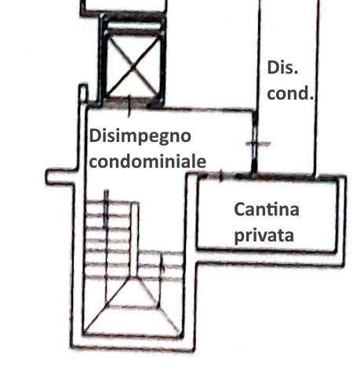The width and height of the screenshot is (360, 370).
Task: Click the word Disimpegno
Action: pyautogui.click(x=140, y=137)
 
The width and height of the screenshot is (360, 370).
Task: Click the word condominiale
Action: pyautogui.click(x=147, y=161)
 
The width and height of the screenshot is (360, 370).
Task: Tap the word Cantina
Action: pyautogui.click(x=267, y=210)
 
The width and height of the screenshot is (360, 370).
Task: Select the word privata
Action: pyautogui.click(x=264, y=236)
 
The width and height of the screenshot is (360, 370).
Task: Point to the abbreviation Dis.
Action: pyautogui.click(x=282, y=67)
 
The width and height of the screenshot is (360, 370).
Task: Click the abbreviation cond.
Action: pyautogui.click(x=290, y=93)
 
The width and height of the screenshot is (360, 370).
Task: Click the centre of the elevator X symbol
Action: pyautogui.click(x=133, y=67)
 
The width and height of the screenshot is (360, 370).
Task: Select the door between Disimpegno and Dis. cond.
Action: pyautogui.click(x=254, y=143)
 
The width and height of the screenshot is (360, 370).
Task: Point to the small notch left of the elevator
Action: pyautogui.click(x=83, y=93)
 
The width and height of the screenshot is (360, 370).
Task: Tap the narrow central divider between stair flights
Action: pyautogui.click(x=134, y=239)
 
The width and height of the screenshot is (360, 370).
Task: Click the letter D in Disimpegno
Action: pyautogui.click(x=95, y=136)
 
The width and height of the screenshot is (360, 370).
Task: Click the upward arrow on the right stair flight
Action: pyautogui.click(x=162, y=280)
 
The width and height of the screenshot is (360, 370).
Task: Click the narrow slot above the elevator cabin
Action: pyautogui.click(x=133, y=25)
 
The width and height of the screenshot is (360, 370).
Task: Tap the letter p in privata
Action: pyautogui.click(x=238, y=238)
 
